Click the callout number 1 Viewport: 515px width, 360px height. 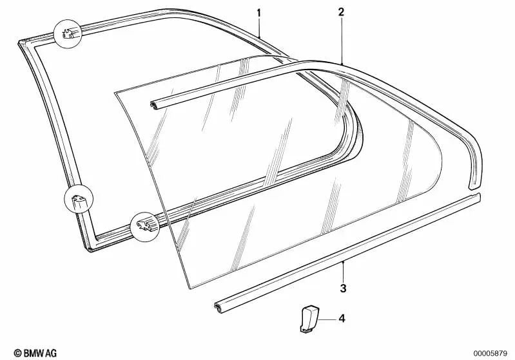point(259,13)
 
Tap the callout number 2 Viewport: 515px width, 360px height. point(342,12)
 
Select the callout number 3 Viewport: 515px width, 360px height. point(343,289)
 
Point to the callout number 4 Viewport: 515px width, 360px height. point(342,318)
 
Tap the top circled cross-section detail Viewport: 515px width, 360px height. point(68,33)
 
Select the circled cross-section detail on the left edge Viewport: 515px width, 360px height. point(79,199)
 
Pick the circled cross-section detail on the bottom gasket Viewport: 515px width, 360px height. point(145,227)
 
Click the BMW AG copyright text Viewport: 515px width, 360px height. point(35,353)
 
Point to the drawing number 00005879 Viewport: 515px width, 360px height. point(491,354)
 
